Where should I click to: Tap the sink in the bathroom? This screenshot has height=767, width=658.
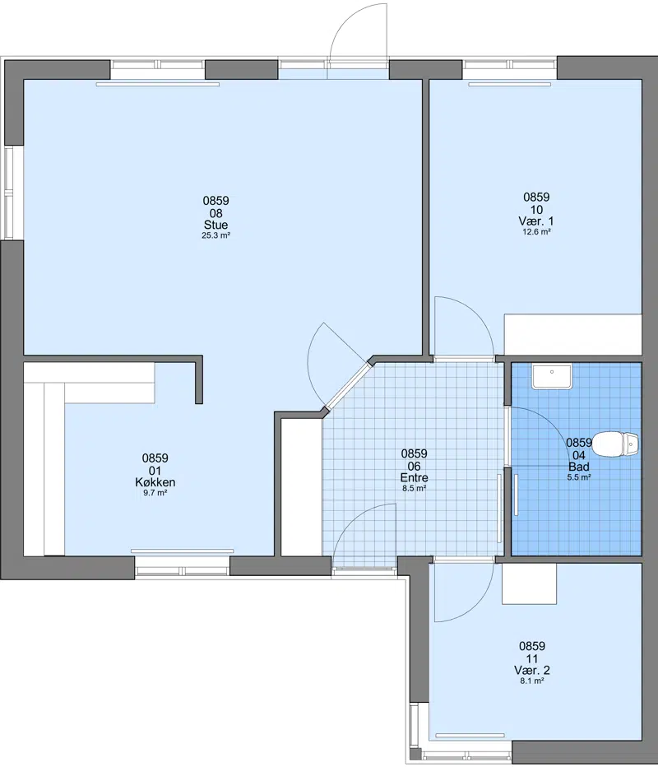[x=552, y=377]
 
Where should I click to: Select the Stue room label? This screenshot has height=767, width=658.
[x=215, y=225]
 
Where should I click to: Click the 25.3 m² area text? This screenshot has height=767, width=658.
[x=215, y=235]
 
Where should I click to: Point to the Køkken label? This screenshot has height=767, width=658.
[x=155, y=482]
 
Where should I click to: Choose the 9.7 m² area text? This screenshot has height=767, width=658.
[x=155, y=493]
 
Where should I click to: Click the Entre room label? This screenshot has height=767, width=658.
[x=414, y=478]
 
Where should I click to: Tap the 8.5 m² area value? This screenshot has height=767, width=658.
[x=414, y=488]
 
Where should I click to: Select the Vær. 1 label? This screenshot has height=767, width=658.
[x=536, y=221]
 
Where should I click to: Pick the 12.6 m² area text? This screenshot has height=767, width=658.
[x=536, y=232]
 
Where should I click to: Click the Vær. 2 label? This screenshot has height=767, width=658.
[x=532, y=670]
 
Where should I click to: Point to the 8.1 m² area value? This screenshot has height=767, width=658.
[x=532, y=681]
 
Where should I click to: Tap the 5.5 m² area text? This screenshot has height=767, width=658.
[x=579, y=477]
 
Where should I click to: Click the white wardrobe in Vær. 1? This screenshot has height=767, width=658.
[x=572, y=335]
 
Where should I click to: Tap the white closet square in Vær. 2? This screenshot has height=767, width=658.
[x=529, y=583]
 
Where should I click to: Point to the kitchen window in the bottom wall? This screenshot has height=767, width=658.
[x=182, y=569]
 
